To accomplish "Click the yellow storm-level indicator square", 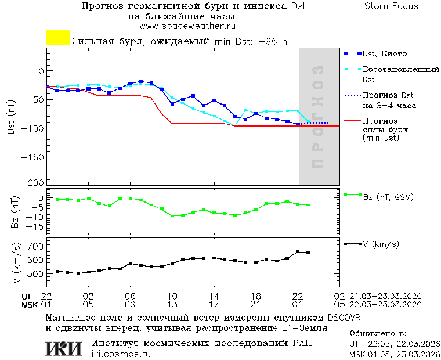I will pos(58,38).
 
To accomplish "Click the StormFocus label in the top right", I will pos(391,6).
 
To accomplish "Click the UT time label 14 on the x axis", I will pos(214,296).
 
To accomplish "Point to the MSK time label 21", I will pos(256,304).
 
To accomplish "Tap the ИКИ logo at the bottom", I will pos(64,348).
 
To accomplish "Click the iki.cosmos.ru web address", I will pos(121,354).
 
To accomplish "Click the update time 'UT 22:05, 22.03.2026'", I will pos(392,344).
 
